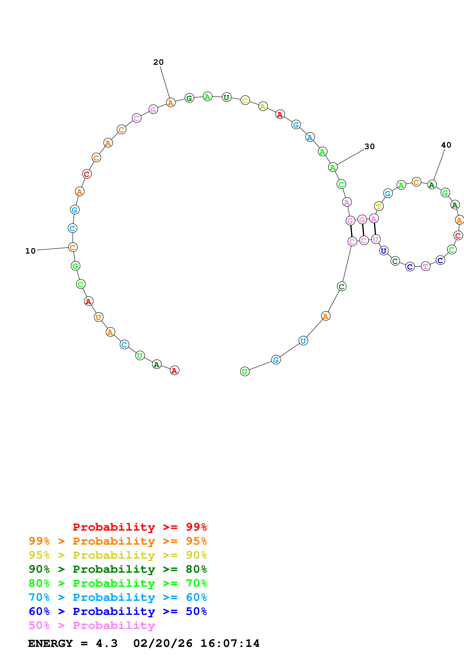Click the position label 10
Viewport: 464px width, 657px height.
pos(30,251)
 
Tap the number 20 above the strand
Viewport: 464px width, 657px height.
pos(158,62)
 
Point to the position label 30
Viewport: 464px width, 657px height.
pos(369,146)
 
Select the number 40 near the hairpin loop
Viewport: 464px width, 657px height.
pos(446,145)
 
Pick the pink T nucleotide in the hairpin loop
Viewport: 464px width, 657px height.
pos(425,266)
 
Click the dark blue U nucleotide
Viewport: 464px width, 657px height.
pos(384,251)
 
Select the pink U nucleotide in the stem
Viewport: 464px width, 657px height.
pos(376,239)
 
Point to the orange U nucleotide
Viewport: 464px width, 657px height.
pos(98,317)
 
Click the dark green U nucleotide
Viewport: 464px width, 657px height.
pos(226,97)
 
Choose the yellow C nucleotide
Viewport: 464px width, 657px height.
pos(245,100)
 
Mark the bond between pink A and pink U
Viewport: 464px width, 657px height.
pos(375,229)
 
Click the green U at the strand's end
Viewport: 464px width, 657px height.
pos(245,371)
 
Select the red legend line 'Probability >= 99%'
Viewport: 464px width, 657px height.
pos(139,527)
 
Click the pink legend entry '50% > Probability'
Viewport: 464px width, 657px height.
pos(92,625)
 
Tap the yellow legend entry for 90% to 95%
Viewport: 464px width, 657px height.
pos(118,555)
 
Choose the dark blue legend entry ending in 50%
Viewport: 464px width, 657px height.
pos(118,611)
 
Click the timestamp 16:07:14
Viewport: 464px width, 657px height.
pos(230,644)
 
